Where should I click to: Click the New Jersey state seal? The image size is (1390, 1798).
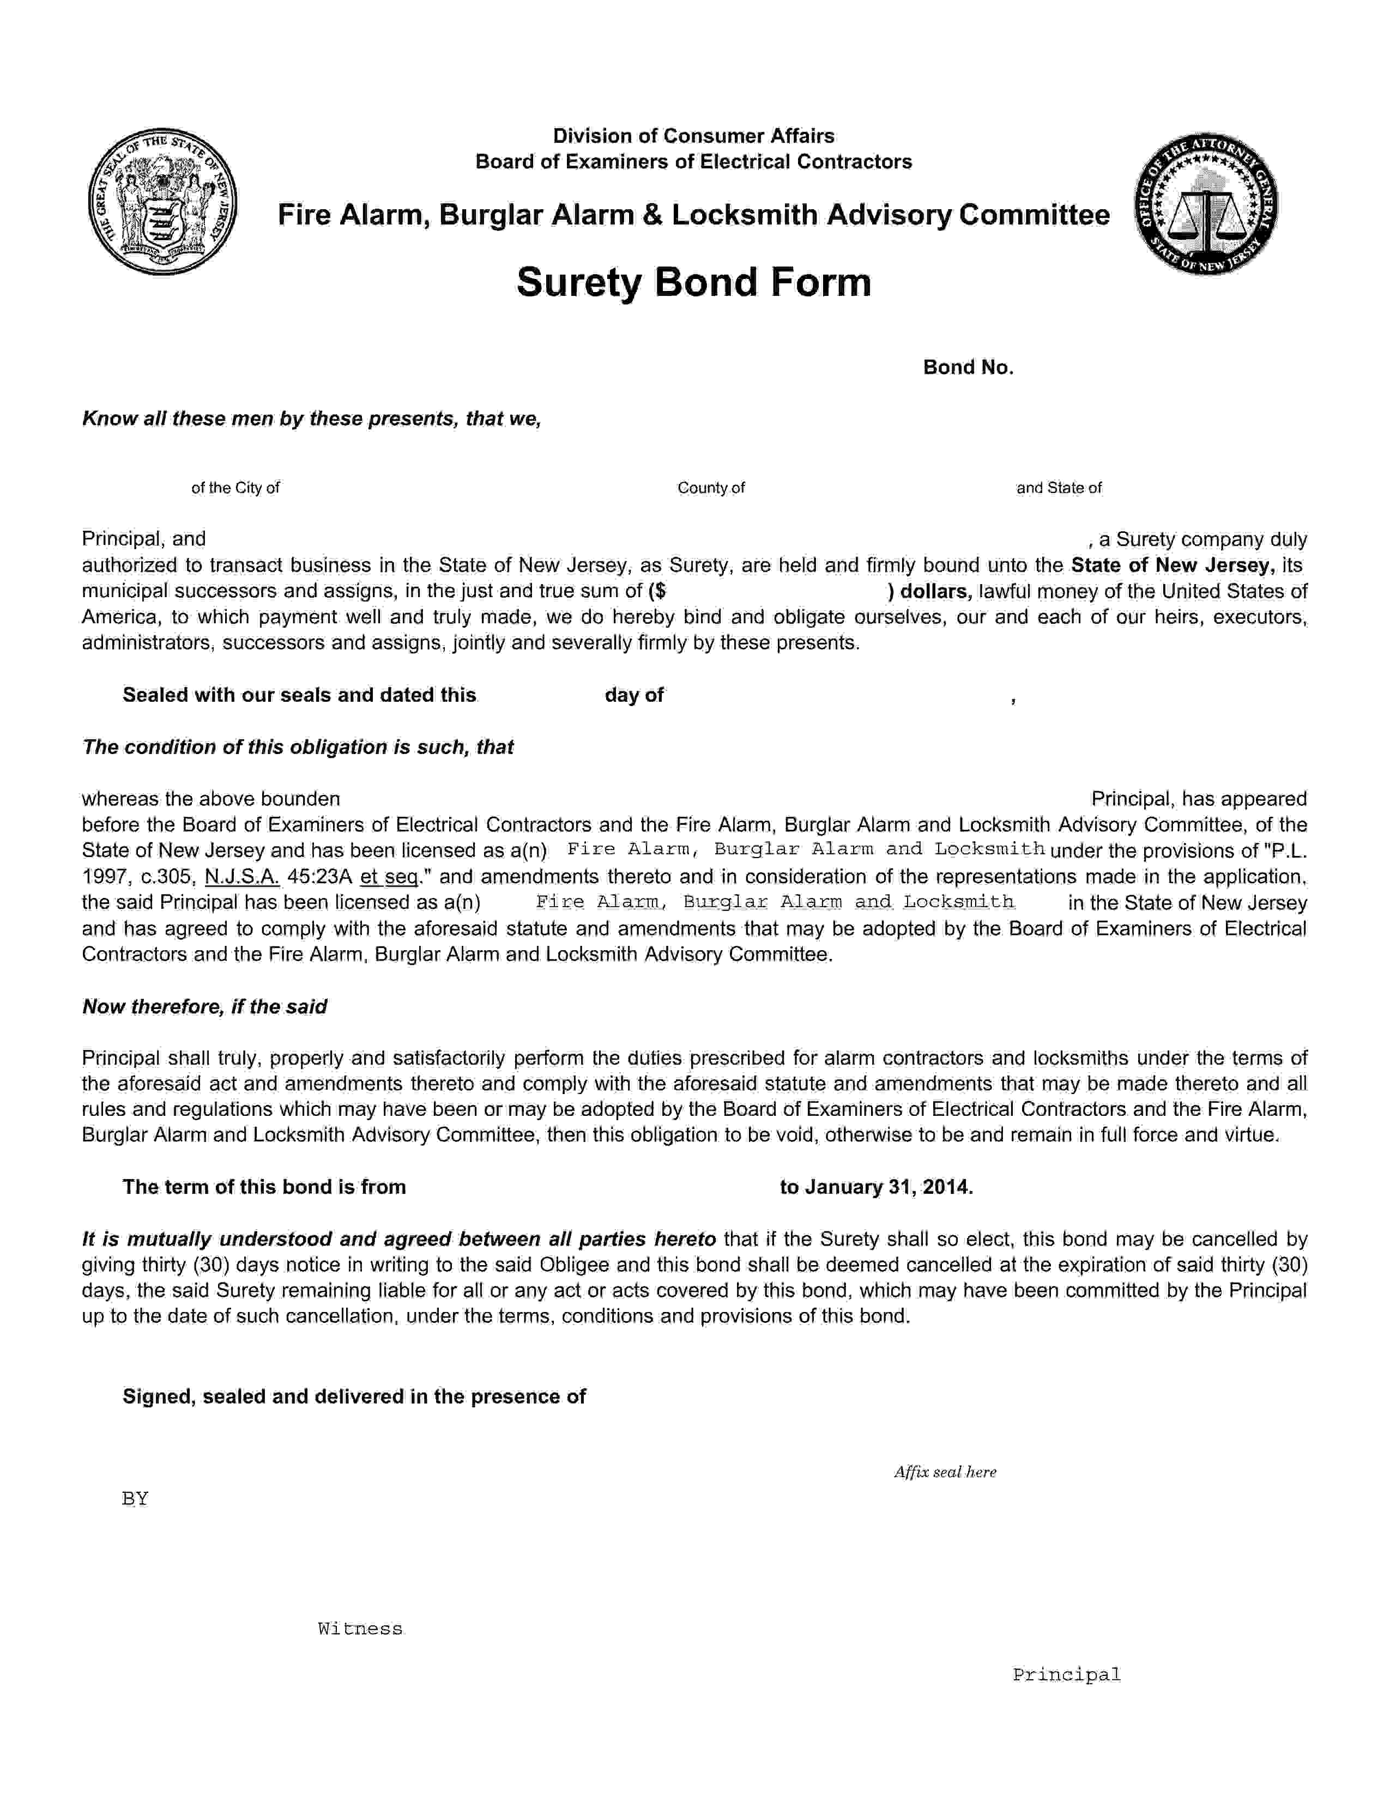tap(162, 202)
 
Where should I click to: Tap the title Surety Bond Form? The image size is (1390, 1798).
tap(693, 282)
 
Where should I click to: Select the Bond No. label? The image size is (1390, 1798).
tap(968, 367)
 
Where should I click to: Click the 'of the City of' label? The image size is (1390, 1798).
tap(235, 488)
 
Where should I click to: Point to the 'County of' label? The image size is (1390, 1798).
tap(711, 488)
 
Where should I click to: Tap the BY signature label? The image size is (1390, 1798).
tap(135, 1498)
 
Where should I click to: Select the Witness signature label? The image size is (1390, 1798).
tap(360, 1629)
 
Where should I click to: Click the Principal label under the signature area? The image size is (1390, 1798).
tap(1066, 1674)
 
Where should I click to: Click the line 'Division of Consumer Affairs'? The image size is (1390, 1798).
tap(693, 136)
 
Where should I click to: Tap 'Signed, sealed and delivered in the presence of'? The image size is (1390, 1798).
tap(354, 1396)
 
